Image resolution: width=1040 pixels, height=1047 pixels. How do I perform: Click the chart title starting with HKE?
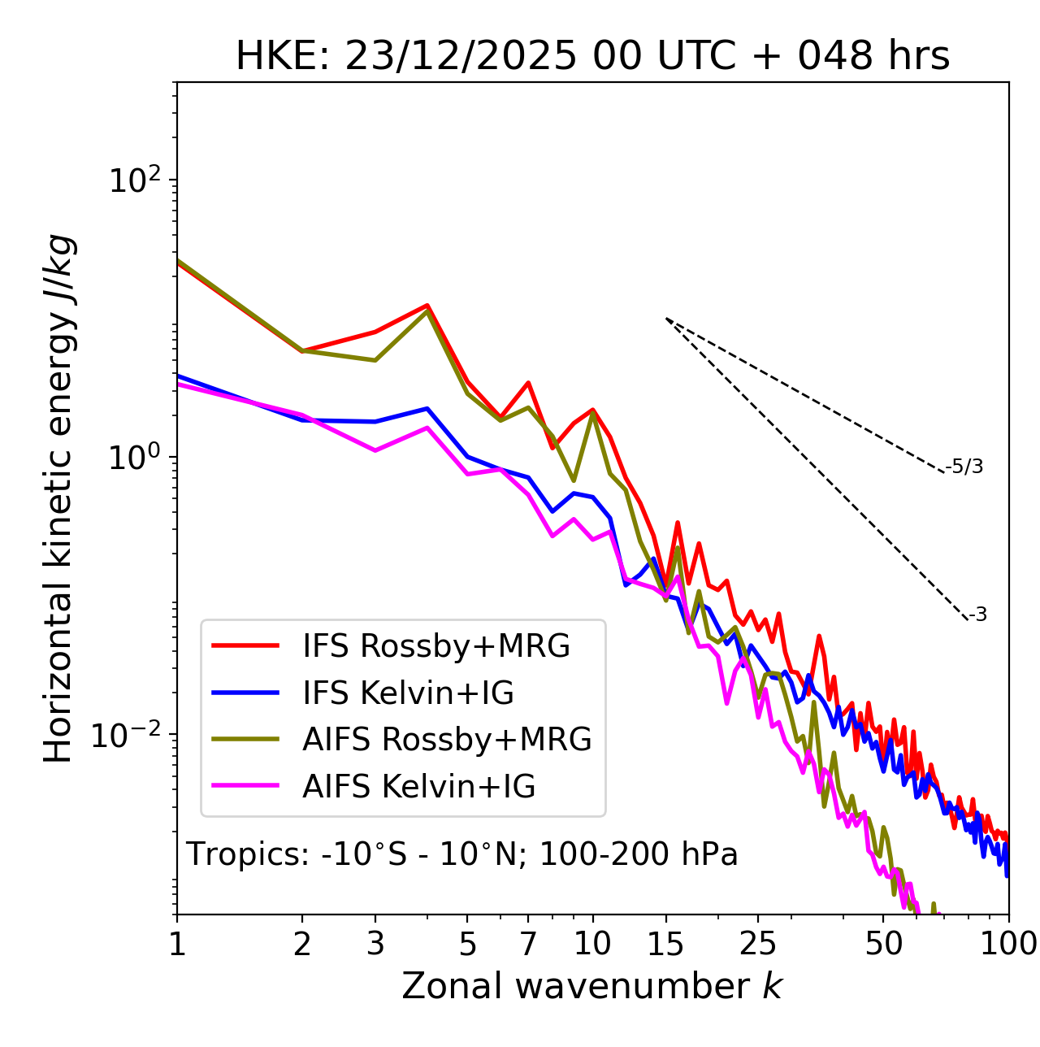[592, 56]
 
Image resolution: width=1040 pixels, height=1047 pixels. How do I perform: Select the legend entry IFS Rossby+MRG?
[435, 646]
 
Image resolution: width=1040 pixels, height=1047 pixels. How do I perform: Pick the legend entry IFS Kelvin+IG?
[408, 693]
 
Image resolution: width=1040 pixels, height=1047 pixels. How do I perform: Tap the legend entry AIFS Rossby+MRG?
[447, 740]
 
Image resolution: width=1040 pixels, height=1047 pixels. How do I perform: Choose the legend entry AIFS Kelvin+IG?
[418, 786]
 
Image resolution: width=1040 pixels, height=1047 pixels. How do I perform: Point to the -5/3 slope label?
[964, 467]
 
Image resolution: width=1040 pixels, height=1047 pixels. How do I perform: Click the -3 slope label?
[977, 615]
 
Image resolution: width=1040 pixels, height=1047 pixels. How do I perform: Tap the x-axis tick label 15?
[665, 944]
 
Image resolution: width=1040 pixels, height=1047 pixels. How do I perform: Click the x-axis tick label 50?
[883, 944]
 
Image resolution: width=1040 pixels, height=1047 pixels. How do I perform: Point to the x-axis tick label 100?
[1008, 944]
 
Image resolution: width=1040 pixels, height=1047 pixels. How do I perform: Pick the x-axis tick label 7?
[528, 944]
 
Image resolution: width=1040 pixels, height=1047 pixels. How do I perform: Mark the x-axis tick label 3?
[375, 944]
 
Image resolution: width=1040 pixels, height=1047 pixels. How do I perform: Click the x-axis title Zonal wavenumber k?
[592, 986]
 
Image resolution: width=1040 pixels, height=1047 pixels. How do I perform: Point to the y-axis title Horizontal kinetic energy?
[59, 499]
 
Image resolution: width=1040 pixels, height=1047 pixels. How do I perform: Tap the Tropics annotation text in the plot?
[462, 854]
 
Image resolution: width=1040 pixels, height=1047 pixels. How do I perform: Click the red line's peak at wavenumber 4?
[427, 306]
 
